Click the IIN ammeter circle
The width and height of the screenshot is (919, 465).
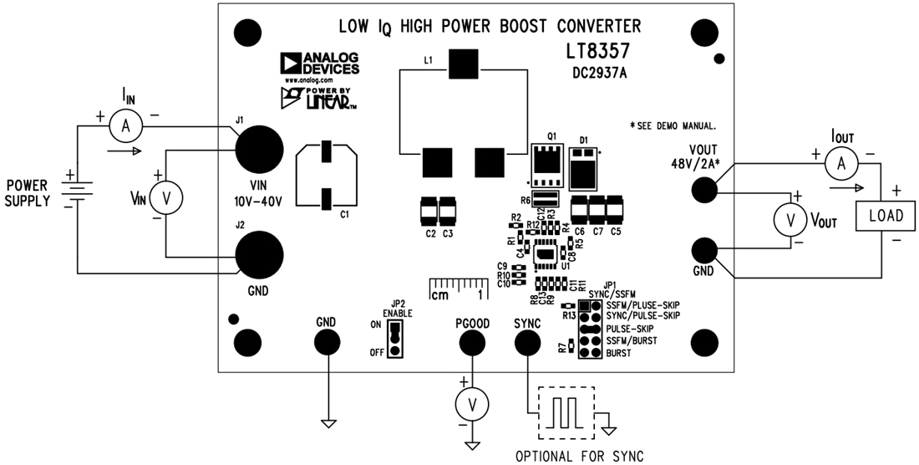point(125,126)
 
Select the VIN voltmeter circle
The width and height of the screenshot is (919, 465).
point(165,197)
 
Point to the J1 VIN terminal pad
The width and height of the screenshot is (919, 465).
point(257,150)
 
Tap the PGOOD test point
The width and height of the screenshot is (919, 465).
point(472,342)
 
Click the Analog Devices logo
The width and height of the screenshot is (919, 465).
point(321,64)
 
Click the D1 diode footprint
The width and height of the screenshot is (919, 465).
point(586,170)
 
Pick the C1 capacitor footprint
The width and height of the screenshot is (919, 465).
point(327,175)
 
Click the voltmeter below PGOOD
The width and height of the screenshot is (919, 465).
point(472,405)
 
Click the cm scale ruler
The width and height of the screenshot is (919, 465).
point(458,289)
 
